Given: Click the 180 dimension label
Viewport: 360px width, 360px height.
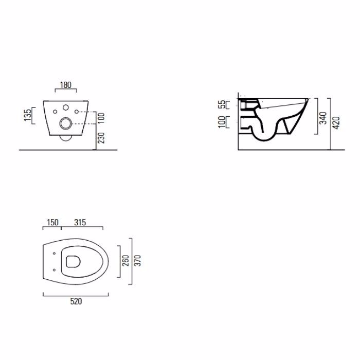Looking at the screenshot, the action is [x=66, y=85].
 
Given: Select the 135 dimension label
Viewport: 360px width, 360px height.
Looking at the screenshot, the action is [x=28, y=115].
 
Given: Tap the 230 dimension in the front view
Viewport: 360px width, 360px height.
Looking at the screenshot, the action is [x=101, y=138].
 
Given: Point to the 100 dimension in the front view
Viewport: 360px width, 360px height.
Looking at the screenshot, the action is [x=101, y=118].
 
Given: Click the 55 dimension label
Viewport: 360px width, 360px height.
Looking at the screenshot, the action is [x=222, y=104].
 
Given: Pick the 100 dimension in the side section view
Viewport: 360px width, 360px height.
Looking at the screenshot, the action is [x=222, y=122].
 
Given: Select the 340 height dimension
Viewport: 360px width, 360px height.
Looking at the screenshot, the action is [x=323, y=118].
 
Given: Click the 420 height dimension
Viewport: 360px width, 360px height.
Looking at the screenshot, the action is [x=336, y=123].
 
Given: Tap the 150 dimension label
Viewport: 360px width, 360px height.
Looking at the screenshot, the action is [x=52, y=222].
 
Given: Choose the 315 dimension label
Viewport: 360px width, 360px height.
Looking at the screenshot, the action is [x=80, y=222].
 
